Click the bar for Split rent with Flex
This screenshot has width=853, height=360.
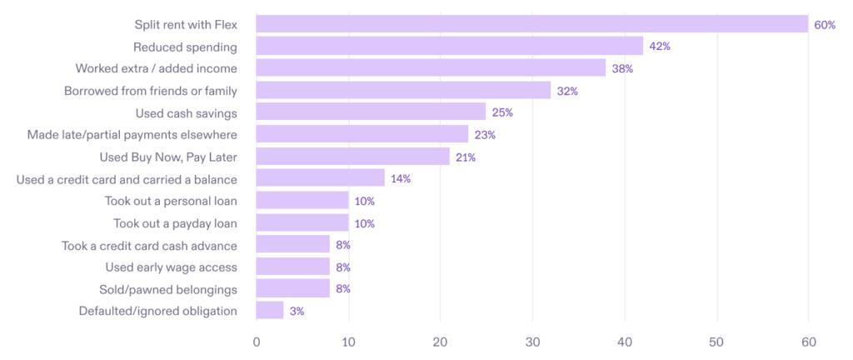(x=531, y=24)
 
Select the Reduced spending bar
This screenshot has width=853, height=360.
(x=450, y=47)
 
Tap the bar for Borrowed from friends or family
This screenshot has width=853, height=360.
(x=403, y=90)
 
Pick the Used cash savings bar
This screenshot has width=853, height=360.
(x=371, y=112)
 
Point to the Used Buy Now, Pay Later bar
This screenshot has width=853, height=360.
(x=352, y=157)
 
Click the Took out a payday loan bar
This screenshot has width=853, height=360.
(x=302, y=222)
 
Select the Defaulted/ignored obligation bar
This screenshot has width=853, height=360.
(x=270, y=311)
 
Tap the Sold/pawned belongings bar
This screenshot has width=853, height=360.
(x=293, y=289)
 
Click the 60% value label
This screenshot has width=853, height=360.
(x=825, y=25)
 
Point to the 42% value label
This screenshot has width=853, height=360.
(x=660, y=47)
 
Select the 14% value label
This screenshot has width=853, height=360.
(x=401, y=179)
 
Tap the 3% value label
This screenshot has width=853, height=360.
(x=297, y=312)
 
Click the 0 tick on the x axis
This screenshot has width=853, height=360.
(x=257, y=342)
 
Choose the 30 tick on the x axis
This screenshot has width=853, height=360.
(x=532, y=342)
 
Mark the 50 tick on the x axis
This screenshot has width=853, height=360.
(x=716, y=342)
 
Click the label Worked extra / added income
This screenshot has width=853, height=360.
(x=156, y=68)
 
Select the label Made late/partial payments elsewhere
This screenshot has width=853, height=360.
(x=132, y=134)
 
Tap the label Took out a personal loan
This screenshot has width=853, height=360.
(x=171, y=201)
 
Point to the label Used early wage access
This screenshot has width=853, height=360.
(x=172, y=267)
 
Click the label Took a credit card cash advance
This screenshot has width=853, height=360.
(x=150, y=245)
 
